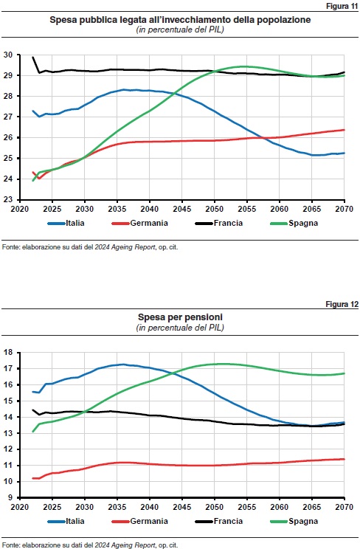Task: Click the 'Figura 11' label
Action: [342, 6]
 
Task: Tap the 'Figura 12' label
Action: [342, 304]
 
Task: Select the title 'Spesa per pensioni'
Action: [180, 317]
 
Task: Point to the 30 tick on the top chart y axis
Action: [8, 55]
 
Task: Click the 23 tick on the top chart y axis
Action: [8, 199]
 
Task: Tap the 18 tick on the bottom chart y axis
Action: [8, 353]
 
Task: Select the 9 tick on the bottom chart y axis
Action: [10, 497]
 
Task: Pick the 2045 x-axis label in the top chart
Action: [182, 209]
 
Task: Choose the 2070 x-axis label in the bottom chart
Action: [345, 507]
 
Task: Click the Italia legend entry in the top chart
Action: [66, 223]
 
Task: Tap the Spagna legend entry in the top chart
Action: [294, 223]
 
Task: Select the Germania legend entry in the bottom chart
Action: [139, 521]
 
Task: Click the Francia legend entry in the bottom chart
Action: [219, 521]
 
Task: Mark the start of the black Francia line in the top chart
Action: [32, 57]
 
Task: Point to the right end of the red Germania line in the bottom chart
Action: [345, 459]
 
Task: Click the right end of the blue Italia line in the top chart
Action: [345, 153]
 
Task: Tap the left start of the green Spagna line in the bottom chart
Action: [32, 432]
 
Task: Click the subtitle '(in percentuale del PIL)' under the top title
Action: [180, 30]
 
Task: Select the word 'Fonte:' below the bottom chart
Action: [11, 545]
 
